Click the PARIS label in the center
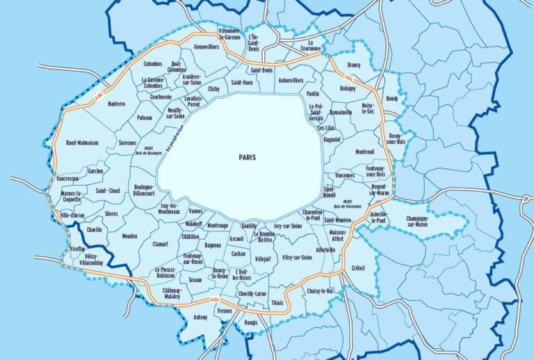(246, 157)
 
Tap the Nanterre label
(116, 104)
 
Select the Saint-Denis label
(262, 70)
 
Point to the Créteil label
(358, 268)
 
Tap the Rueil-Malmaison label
(82, 142)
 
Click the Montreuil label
(364, 152)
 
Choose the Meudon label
(129, 236)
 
